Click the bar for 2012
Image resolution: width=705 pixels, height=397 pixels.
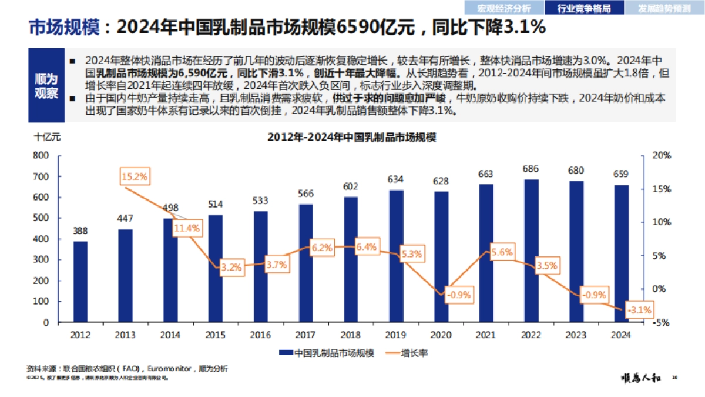coord(80,282)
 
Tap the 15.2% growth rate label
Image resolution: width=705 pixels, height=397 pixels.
coord(135,176)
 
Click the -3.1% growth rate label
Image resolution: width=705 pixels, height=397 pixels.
coord(639,309)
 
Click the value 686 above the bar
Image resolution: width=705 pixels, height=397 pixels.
coord(531,169)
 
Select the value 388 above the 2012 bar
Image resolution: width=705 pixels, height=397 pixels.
coord(80,231)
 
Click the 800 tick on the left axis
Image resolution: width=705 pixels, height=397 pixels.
coord(41,155)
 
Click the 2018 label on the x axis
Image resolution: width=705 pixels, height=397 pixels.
coord(350,335)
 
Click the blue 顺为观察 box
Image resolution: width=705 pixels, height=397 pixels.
coord(46,86)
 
